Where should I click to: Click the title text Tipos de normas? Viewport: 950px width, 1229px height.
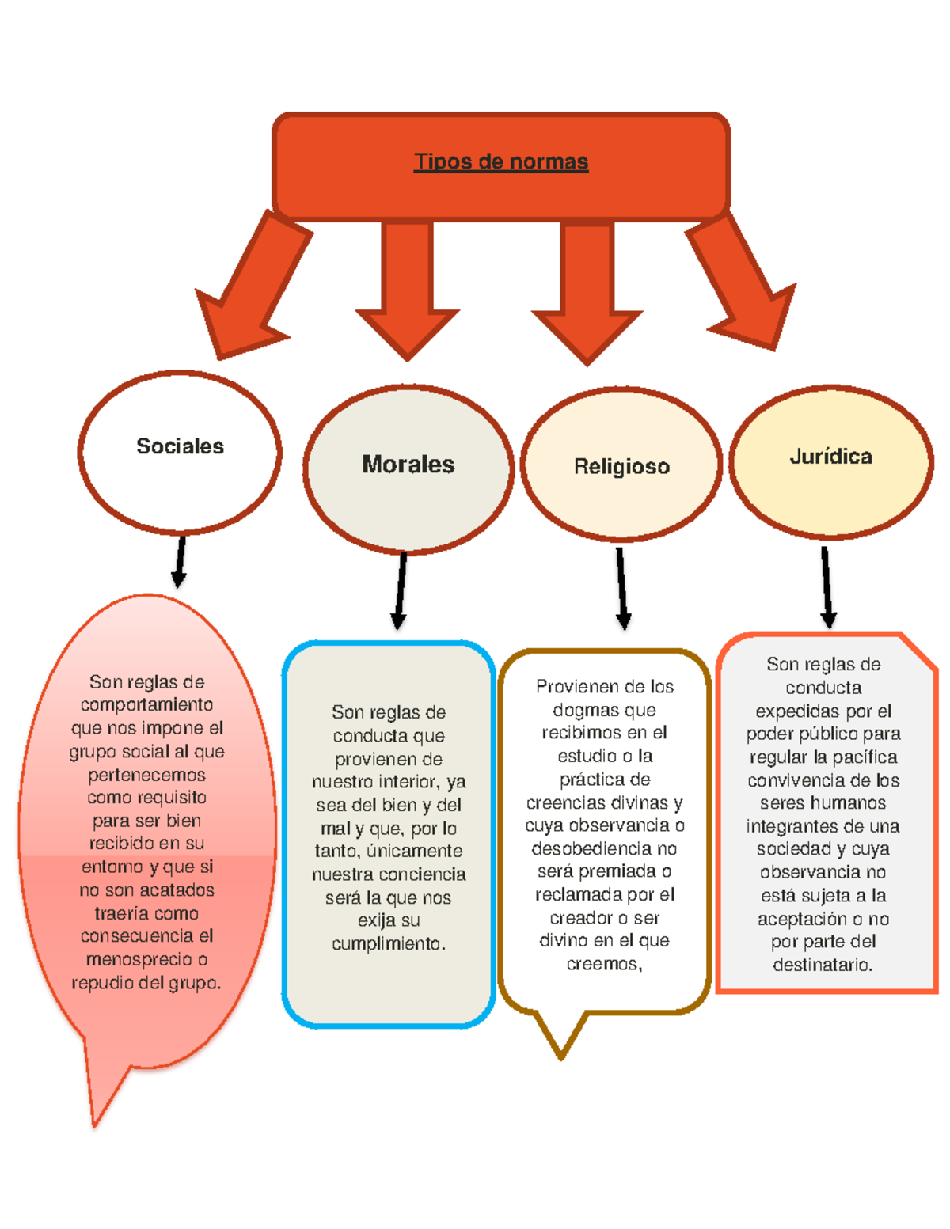[501, 161]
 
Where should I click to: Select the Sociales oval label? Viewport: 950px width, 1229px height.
[180, 446]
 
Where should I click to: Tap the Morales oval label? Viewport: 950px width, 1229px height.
[408, 464]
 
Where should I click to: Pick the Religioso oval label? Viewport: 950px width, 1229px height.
[621, 466]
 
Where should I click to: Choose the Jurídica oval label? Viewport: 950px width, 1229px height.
[830, 456]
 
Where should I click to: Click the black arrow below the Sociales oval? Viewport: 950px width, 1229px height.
[180, 562]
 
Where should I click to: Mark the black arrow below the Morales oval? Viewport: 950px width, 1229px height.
[401, 590]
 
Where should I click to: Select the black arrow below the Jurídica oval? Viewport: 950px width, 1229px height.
[827, 586]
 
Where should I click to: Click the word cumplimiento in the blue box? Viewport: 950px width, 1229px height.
[388, 943]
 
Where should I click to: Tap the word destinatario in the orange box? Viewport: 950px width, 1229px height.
[823, 965]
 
